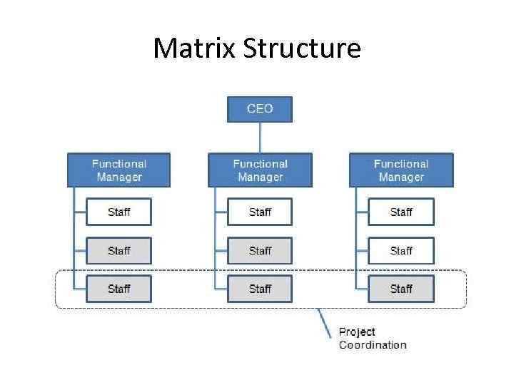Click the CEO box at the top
pos(259,109)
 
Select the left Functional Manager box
pos(119,170)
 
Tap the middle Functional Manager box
pos(260,170)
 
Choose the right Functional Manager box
pos(400,170)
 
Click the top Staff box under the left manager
pos(119,212)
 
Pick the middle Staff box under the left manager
pos(119,250)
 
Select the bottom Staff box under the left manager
pos(119,289)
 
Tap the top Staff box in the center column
pos(260,212)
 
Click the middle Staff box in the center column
pos(260,250)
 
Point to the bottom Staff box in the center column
pos(260,289)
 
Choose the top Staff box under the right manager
pos(400,212)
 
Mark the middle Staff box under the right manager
pos(400,250)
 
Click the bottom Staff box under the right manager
pos(400,289)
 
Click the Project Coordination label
pos(372,338)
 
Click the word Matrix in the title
pos(194,48)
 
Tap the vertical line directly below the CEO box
pos(260,137)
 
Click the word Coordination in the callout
pos(373,345)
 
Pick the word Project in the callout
pos(357,332)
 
